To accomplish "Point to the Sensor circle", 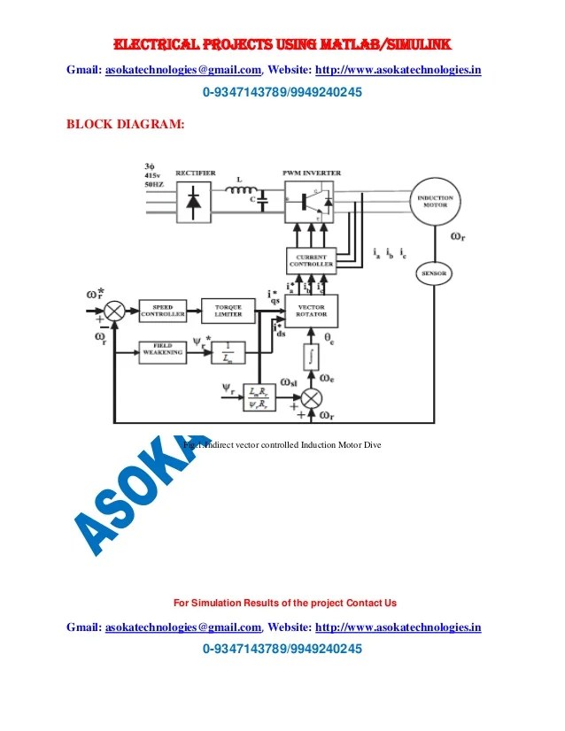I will point(434,275).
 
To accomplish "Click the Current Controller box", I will point(311,260).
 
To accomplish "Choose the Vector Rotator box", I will point(312,310).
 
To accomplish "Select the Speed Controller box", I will point(163,311).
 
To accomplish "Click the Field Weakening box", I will point(163,351).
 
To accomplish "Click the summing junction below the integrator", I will point(311,397).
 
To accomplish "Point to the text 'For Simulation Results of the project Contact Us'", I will point(284,603).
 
